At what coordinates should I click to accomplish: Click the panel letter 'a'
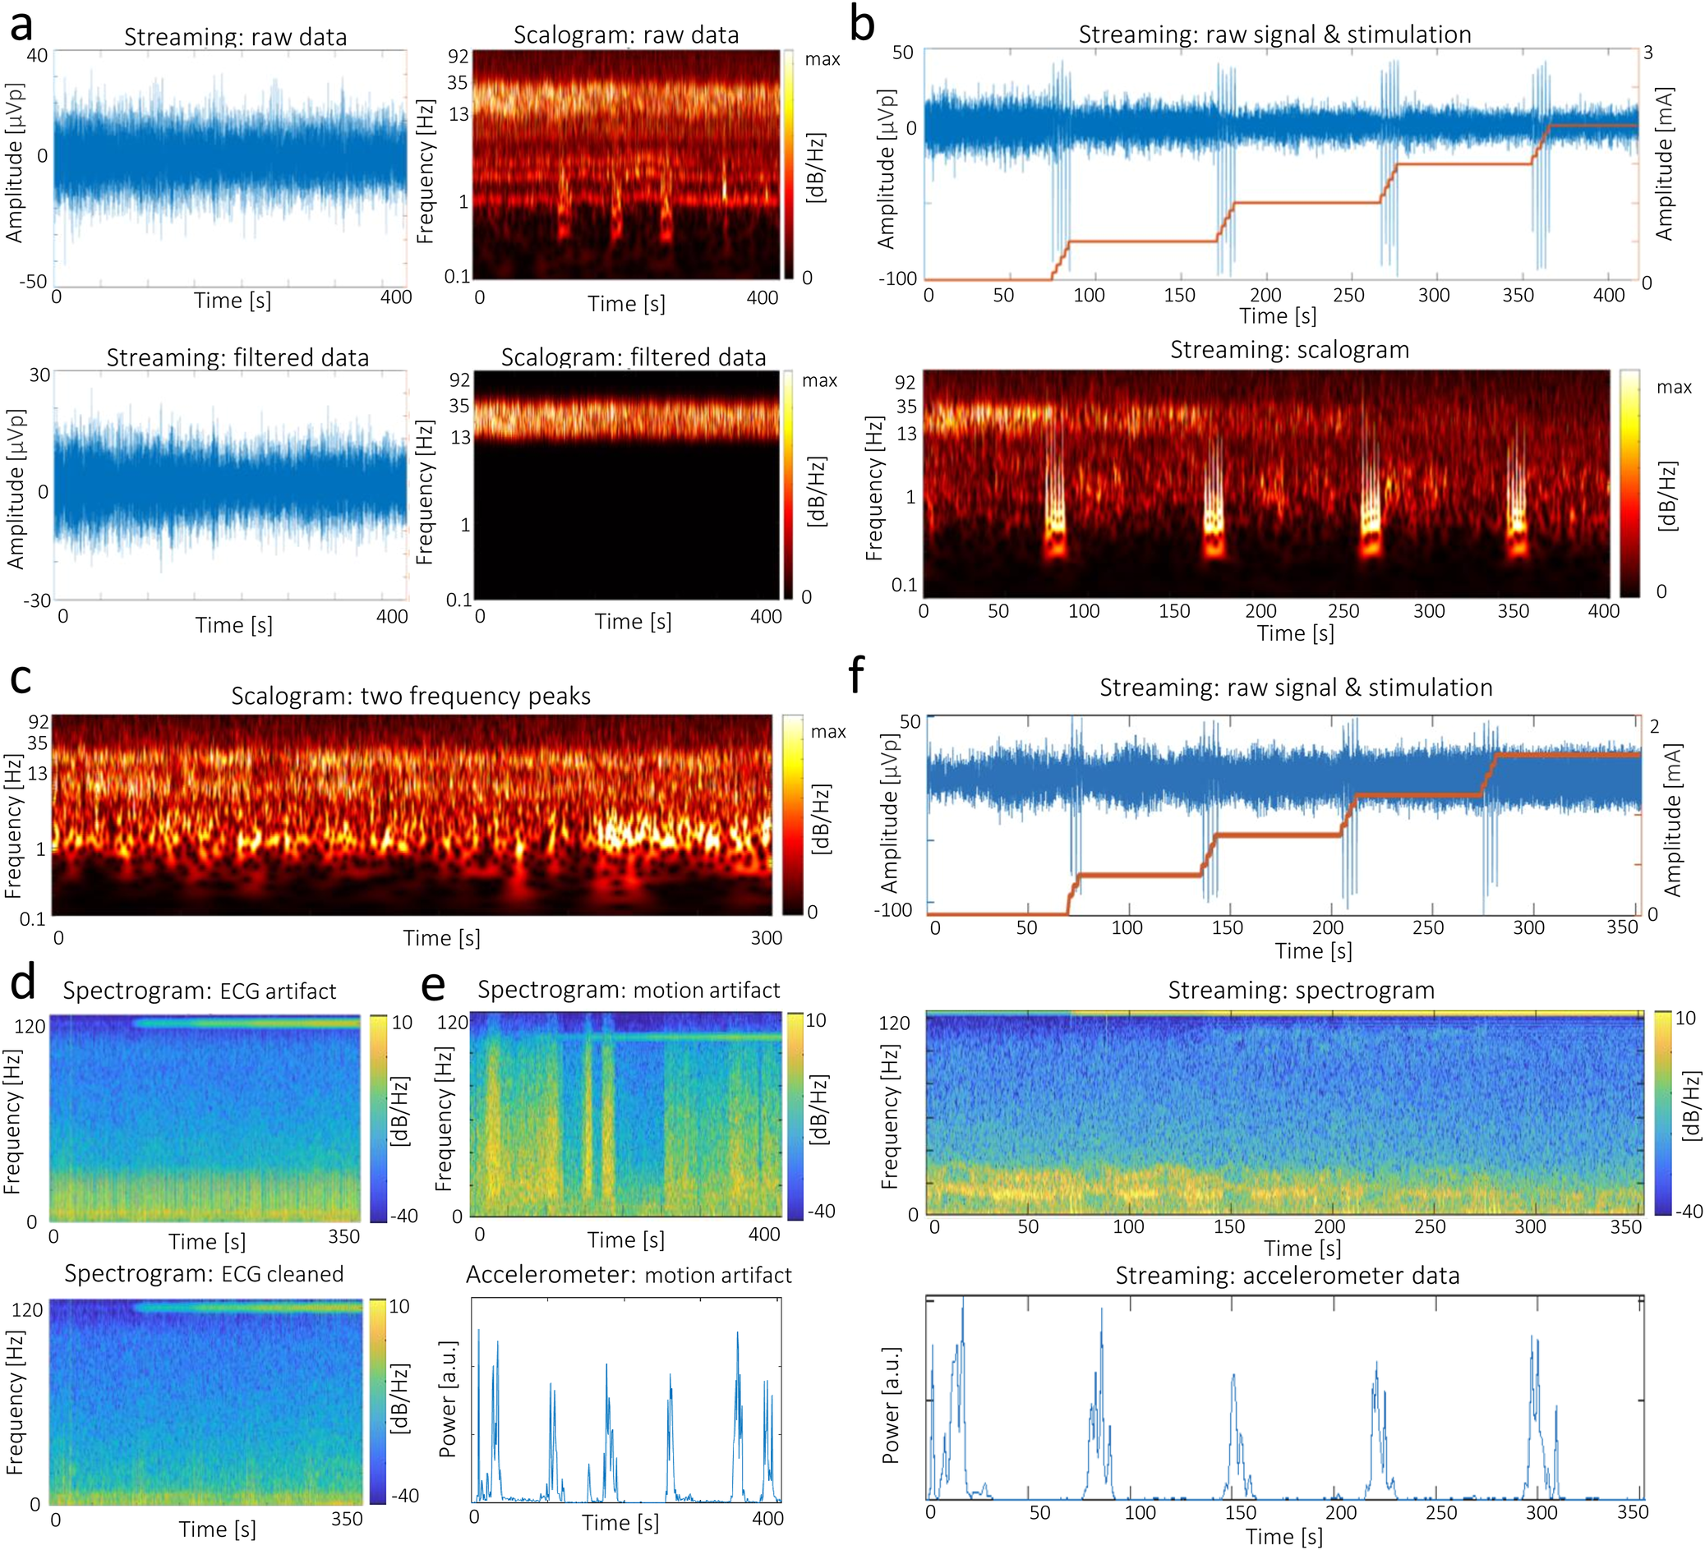[x=21, y=25]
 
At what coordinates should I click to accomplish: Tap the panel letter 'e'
[x=433, y=987]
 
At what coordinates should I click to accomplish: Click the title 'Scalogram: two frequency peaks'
[x=410, y=696]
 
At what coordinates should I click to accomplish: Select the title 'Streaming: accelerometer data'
[x=1288, y=1275]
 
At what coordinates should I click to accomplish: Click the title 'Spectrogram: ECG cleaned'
[x=204, y=1274]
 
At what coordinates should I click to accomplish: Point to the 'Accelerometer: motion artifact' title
[x=629, y=1275]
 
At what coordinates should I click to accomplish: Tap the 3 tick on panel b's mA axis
[x=1648, y=53]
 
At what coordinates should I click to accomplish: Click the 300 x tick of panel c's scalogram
[x=767, y=938]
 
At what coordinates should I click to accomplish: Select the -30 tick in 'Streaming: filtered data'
[x=37, y=601]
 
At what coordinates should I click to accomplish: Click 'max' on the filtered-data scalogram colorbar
[x=819, y=381]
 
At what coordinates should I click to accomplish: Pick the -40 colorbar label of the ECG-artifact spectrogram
[x=404, y=1216]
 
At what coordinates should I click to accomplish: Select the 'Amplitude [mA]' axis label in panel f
[x=1672, y=821]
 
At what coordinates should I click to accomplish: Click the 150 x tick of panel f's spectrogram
[x=1228, y=1227]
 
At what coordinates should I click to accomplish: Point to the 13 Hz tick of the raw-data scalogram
[x=459, y=114]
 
